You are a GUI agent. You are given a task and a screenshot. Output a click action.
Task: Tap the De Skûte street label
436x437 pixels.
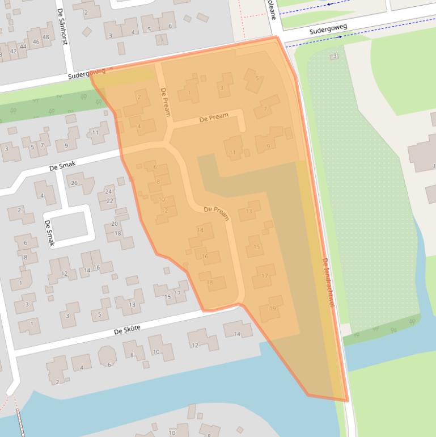point(127,330)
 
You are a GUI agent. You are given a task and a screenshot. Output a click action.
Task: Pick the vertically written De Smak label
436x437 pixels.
point(49,233)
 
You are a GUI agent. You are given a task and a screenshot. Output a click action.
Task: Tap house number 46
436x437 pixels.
point(36,42)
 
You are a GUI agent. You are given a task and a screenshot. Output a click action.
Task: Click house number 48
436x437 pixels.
point(46,37)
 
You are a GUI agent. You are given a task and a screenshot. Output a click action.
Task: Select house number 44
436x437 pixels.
point(23,47)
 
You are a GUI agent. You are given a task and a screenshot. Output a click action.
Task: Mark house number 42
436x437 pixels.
point(13,51)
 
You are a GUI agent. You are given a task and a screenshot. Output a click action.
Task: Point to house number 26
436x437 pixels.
point(74,183)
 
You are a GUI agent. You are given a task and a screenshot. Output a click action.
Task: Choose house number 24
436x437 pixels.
point(108,192)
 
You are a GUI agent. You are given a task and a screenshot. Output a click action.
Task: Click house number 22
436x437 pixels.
point(110,201)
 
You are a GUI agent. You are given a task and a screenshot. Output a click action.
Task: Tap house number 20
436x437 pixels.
point(115,224)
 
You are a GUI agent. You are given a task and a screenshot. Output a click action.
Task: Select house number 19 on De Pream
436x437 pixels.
point(273,309)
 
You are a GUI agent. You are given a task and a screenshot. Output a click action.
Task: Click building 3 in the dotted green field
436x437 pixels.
point(335,56)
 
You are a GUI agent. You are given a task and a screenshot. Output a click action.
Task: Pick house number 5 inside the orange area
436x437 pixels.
point(257,78)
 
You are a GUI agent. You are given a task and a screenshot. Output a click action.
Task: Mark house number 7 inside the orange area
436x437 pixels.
point(265,109)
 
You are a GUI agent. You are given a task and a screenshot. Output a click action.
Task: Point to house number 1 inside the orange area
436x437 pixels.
point(189,93)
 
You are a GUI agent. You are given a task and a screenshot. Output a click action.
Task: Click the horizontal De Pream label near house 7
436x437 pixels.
point(214,117)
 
